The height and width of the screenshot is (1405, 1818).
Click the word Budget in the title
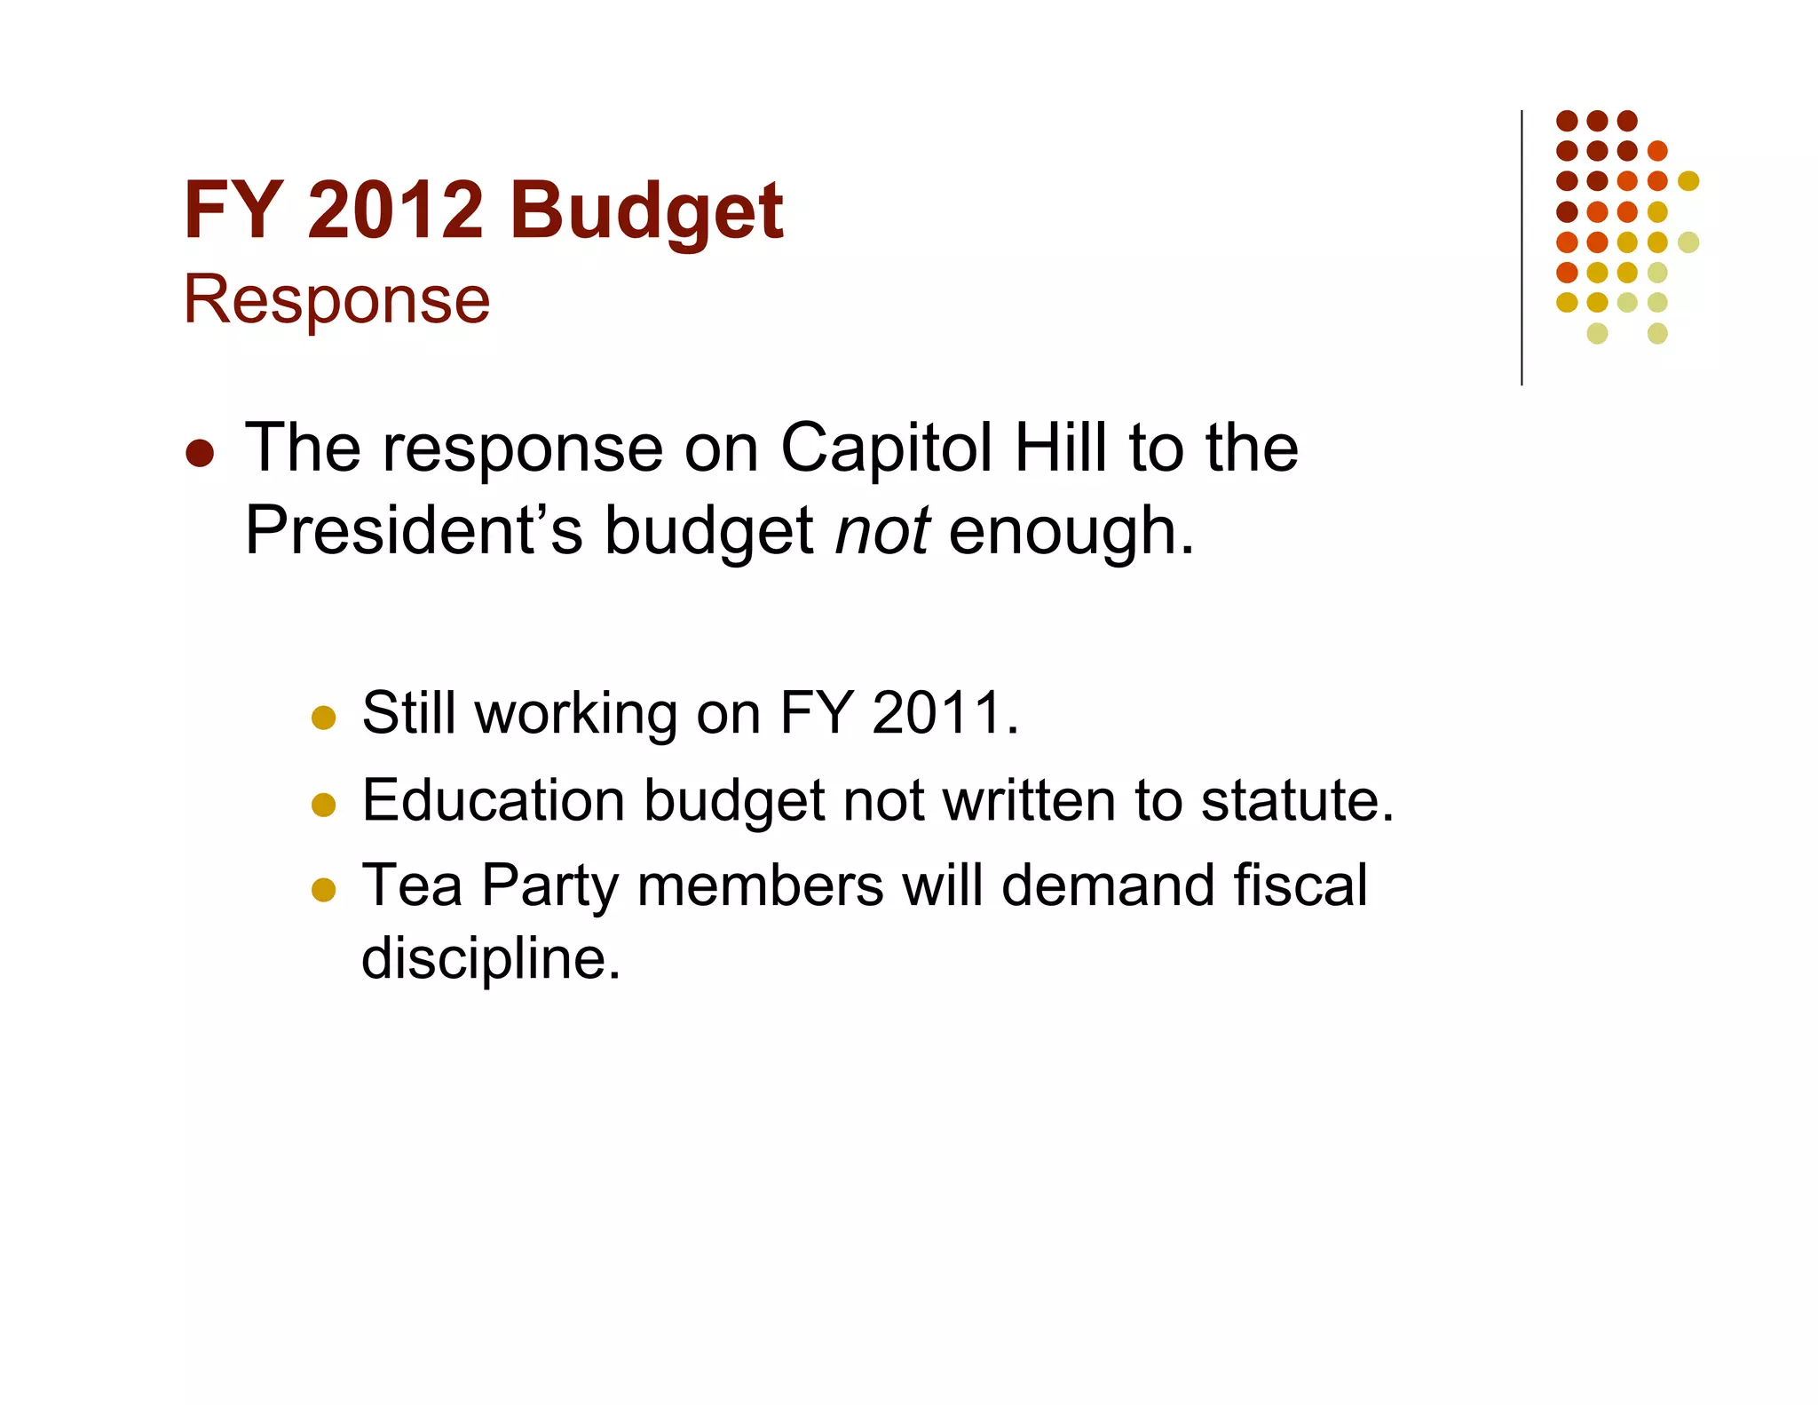[646, 211]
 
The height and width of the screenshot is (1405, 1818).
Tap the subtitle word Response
[336, 300]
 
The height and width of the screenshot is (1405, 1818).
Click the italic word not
[882, 531]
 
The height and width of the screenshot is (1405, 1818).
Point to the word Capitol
[886, 448]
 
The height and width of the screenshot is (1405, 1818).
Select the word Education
[493, 800]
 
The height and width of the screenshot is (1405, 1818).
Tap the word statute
[1297, 800]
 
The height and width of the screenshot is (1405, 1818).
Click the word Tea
[412, 885]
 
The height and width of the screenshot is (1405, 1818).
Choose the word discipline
[490, 959]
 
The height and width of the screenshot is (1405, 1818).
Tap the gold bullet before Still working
[324, 718]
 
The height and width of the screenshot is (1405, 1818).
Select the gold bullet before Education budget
[324, 805]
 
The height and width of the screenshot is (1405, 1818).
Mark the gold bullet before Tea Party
[324, 890]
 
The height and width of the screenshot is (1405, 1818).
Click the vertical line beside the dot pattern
[1522, 249]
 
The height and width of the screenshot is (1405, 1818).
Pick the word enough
[1071, 531]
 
